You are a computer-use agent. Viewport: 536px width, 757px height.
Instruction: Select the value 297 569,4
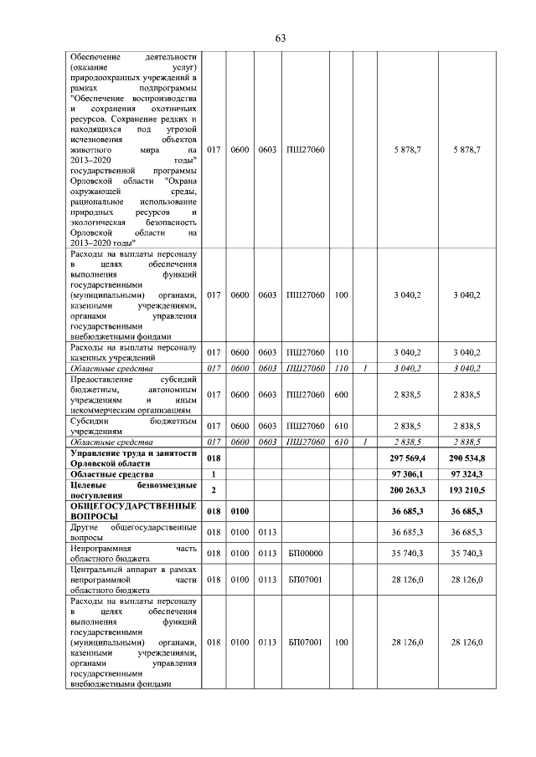pyautogui.click(x=404, y=458)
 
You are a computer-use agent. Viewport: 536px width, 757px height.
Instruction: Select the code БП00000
pyautogui.click(x=305, y=553)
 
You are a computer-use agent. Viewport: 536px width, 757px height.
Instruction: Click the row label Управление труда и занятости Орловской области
pyautogui.click(x=134, y=458)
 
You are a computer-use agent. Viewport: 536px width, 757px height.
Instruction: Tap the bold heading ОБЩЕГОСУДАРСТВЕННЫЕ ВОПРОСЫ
pyautogui.click(x=134, y=511)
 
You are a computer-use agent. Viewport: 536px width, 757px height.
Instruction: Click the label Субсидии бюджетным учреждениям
pyautogui.click(x=134, y=425)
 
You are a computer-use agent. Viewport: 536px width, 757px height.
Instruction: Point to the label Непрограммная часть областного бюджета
pyautogui.click(x=134, y=553)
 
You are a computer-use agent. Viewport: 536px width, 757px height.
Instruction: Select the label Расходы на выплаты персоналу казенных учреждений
pyautogui.click(x=134, y=352)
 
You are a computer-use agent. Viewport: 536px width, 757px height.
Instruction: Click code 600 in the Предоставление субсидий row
pyautogui.click(x=341, y=394)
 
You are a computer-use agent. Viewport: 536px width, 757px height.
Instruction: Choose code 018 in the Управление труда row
pyautogui.click(x=214, y=458)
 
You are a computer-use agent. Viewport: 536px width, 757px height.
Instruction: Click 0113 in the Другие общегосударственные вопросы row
pyautogui.click(x=267, y=532)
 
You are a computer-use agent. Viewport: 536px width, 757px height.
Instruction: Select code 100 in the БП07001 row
pyautogui.click(x=341, y=642)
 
